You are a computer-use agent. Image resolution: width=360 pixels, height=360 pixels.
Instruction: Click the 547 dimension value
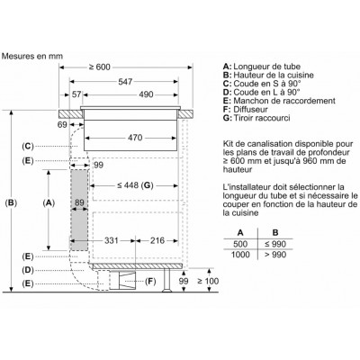pos(125,82)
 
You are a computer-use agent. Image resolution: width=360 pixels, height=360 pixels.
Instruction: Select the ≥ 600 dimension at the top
pos(100,67)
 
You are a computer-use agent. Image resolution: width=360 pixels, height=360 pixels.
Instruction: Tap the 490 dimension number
pos(146,94)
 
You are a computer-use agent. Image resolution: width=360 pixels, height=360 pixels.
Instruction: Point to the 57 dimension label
pos(76,94)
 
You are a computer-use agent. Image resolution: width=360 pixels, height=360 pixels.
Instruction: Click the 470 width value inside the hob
pos(135,138)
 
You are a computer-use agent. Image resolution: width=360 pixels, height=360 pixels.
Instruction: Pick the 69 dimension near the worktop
pos(62,124)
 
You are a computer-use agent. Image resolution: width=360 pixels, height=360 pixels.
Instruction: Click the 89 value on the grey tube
pos(79,202)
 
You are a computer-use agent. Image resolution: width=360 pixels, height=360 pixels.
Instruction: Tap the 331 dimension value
pos(112,240)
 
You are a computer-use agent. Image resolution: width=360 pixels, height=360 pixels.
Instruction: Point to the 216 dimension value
pos(157,240)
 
